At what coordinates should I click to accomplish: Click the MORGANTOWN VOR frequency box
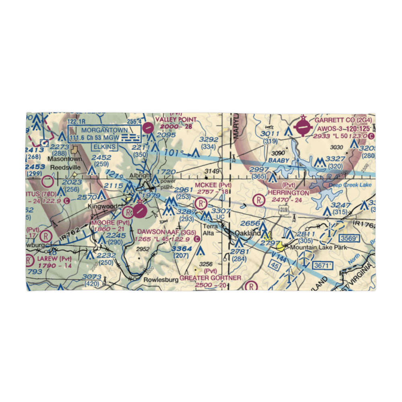[x=105, y=134]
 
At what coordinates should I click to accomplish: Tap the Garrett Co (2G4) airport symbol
[x=302, y=129]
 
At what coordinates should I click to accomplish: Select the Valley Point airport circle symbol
[x=148, y=128]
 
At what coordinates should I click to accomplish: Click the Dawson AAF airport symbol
[x=139, y=211]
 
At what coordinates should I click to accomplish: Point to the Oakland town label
[x=248, y=233]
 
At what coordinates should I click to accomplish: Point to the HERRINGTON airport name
[x=289, y=193]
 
